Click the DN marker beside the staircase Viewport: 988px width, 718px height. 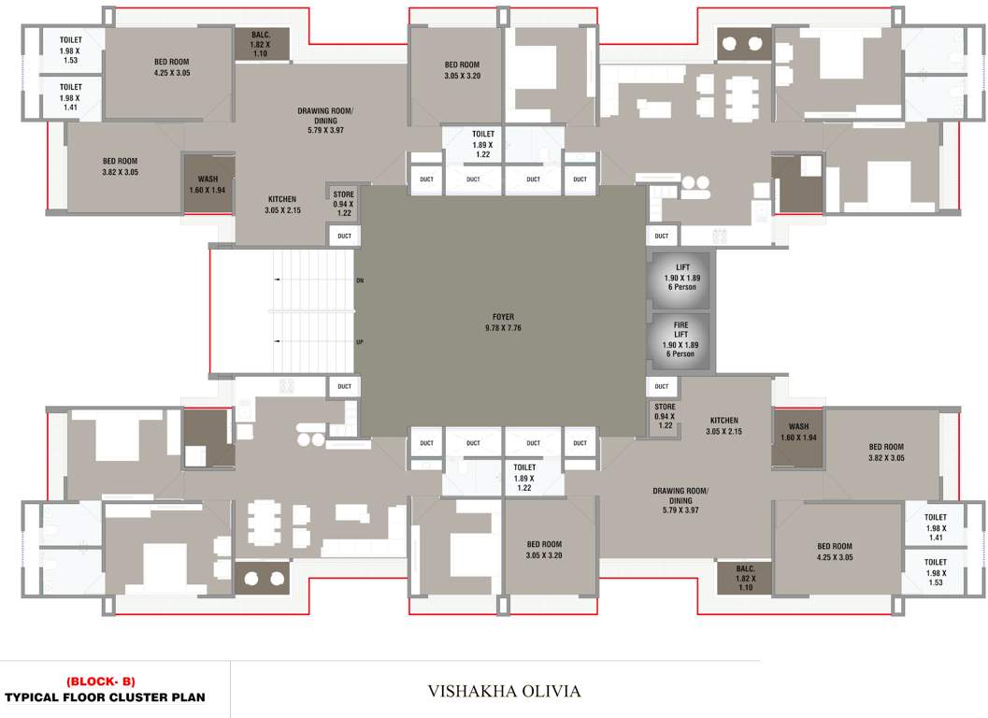point(360,280)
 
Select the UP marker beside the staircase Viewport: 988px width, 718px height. point(360,342)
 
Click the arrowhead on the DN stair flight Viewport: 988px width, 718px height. point(276,280)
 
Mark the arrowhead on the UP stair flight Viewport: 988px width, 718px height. point(276,341)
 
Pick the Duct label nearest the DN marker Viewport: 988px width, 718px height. point(345,236)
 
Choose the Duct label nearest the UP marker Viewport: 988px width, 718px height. point(345,386)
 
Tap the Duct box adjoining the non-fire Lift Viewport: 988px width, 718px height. point(662,236)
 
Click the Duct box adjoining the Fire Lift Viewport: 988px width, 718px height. point(662,386)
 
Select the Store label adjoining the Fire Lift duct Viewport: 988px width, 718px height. point(665,408)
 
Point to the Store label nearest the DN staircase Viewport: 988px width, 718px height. point(344,194)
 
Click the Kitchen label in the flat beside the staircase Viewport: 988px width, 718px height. point(282,199)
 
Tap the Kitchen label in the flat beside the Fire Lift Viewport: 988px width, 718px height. point(723,421)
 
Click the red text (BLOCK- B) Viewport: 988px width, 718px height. point(100,682)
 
